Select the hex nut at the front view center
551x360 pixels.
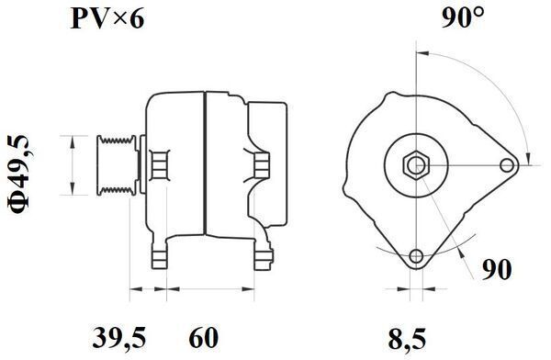416,165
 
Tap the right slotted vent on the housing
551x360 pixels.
261,164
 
